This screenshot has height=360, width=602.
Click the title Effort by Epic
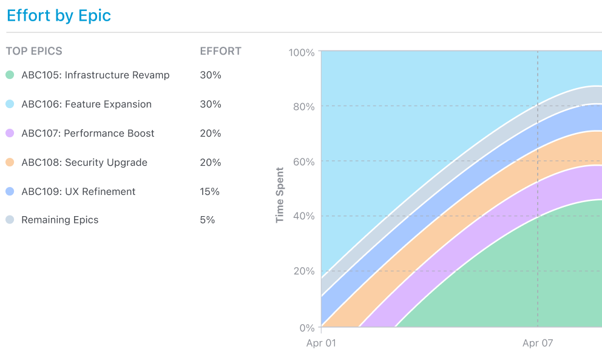tap(59, 16)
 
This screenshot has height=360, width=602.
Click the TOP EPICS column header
tap(34, 51)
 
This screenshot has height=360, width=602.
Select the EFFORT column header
tap(220, 51)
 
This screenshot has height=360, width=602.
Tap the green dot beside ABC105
tap(10, 75)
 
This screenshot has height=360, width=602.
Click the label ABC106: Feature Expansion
tap(86, 104)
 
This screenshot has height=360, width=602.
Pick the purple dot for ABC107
tap(10, 134)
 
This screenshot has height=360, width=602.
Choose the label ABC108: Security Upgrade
tap(84, 163)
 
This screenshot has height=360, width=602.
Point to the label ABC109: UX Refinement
tap(78, 192)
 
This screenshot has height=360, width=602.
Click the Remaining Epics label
tap(59, 220)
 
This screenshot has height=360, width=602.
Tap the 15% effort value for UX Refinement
tap(210, 192)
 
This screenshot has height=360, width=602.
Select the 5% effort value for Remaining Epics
tap(208, 220)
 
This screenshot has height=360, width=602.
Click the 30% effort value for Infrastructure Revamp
tap(211, 75)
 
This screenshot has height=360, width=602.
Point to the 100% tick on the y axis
tap(302, 53)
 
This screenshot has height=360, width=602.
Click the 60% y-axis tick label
tap(303, 162)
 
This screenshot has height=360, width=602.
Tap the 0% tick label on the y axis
tap(308, 328)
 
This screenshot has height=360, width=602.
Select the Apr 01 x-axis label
tap(321, 343)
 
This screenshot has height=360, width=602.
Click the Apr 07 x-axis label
tap(538, 343)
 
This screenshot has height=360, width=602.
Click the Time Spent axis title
tap(280, 195)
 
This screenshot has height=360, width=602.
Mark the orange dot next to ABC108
tap(10, 163)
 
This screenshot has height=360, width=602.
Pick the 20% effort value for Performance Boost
tap(211, 134)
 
